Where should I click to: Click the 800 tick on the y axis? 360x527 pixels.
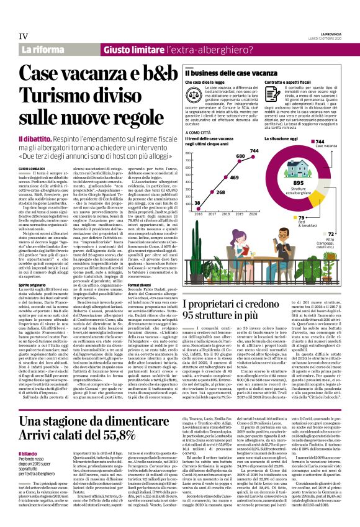click(189, 152)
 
